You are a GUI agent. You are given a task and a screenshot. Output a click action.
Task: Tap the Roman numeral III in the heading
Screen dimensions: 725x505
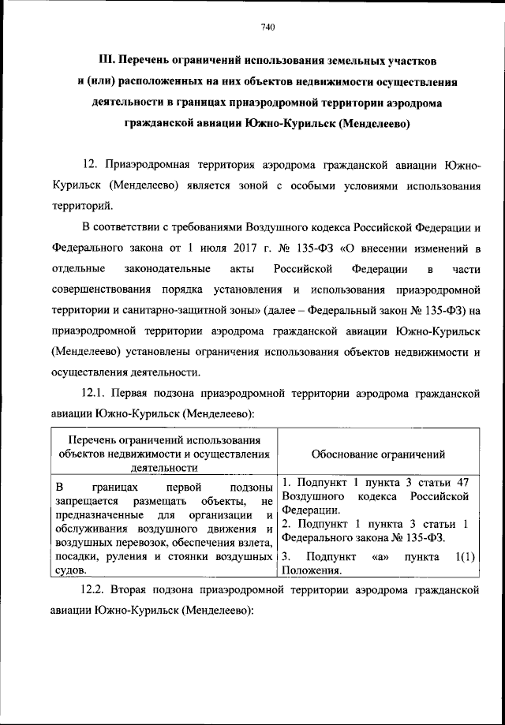point(108,61)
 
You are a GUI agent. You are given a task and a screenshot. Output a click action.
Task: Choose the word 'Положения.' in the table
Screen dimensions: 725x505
point(312,571)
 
